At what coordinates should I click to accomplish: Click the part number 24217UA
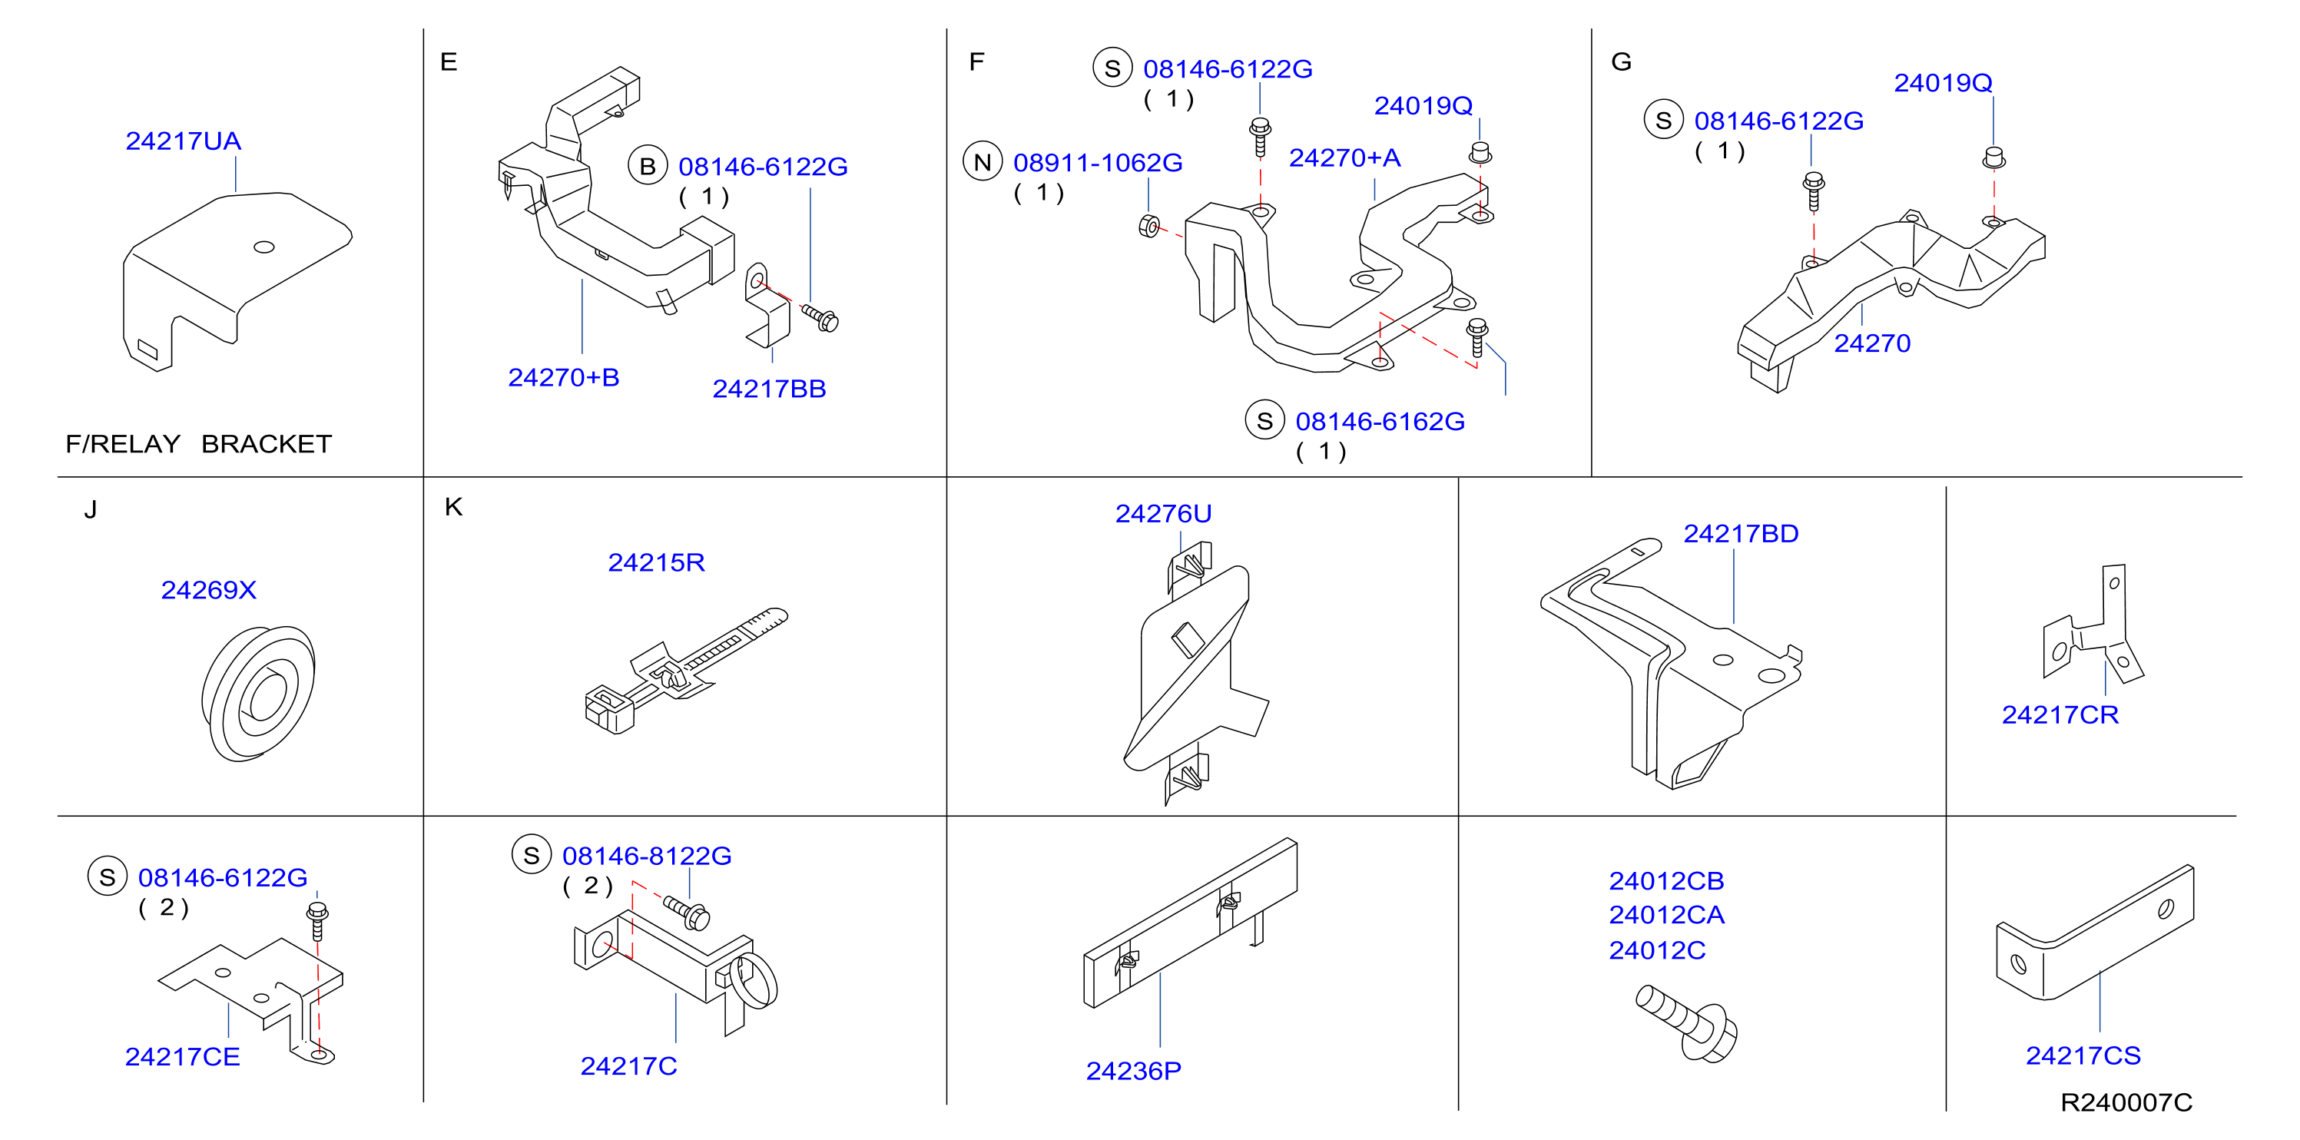point(183,141)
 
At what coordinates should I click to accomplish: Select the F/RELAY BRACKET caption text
point(198,444)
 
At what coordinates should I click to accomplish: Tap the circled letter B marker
point(648,166)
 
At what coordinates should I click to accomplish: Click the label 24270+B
point(563,378)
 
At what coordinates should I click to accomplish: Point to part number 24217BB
point(769,389)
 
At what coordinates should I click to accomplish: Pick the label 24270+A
point(1344,158)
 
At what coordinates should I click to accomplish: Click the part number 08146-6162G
point(1380,422)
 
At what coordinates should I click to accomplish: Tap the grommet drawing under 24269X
point(258,694)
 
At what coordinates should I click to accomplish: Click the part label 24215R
point(656,562)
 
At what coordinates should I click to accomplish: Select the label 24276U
point(1162,514)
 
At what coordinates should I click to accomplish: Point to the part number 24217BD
point(1740,534)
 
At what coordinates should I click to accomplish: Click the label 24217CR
point(2060,715)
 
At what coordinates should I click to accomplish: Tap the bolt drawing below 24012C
point(1687,1023)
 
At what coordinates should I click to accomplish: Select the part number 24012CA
point(1666,915)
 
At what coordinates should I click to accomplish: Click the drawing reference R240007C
point(2126,1102)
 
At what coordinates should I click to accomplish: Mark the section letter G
point(1622,61)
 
